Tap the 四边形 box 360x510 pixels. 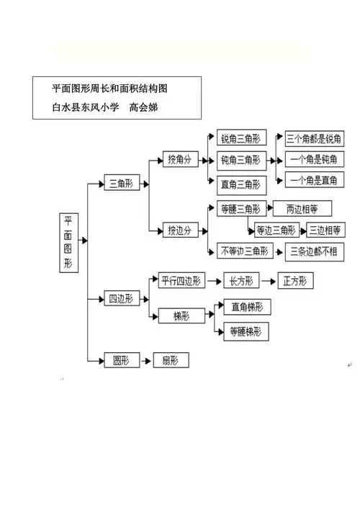120,298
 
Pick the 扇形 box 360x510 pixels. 170,359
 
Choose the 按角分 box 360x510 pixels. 180,158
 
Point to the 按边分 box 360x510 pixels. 179,231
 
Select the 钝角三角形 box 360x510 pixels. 241,159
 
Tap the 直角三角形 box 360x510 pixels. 241,184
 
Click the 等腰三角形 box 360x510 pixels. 240,209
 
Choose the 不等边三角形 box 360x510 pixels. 244,251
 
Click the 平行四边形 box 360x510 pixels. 182,280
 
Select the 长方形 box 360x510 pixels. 238,281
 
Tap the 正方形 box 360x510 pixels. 294,281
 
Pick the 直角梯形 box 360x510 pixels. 246,307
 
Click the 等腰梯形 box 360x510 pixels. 246,331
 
